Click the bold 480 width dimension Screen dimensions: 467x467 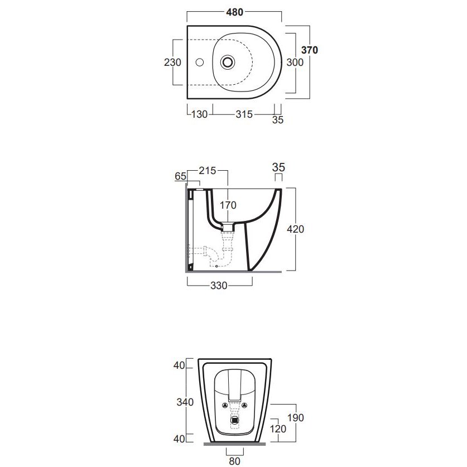point(235,12)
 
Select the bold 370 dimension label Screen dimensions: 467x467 point(310,50)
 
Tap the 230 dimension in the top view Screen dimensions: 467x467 point(172,62)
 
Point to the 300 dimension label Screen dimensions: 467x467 point(295,62)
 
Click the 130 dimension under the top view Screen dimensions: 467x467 point(199,114)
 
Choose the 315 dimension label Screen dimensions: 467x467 point(244,114)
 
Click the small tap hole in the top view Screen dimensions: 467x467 point(200,62)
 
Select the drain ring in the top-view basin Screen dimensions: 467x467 point(228,62)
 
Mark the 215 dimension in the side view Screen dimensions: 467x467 point(208,171)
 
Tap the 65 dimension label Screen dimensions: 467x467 point(180,176)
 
